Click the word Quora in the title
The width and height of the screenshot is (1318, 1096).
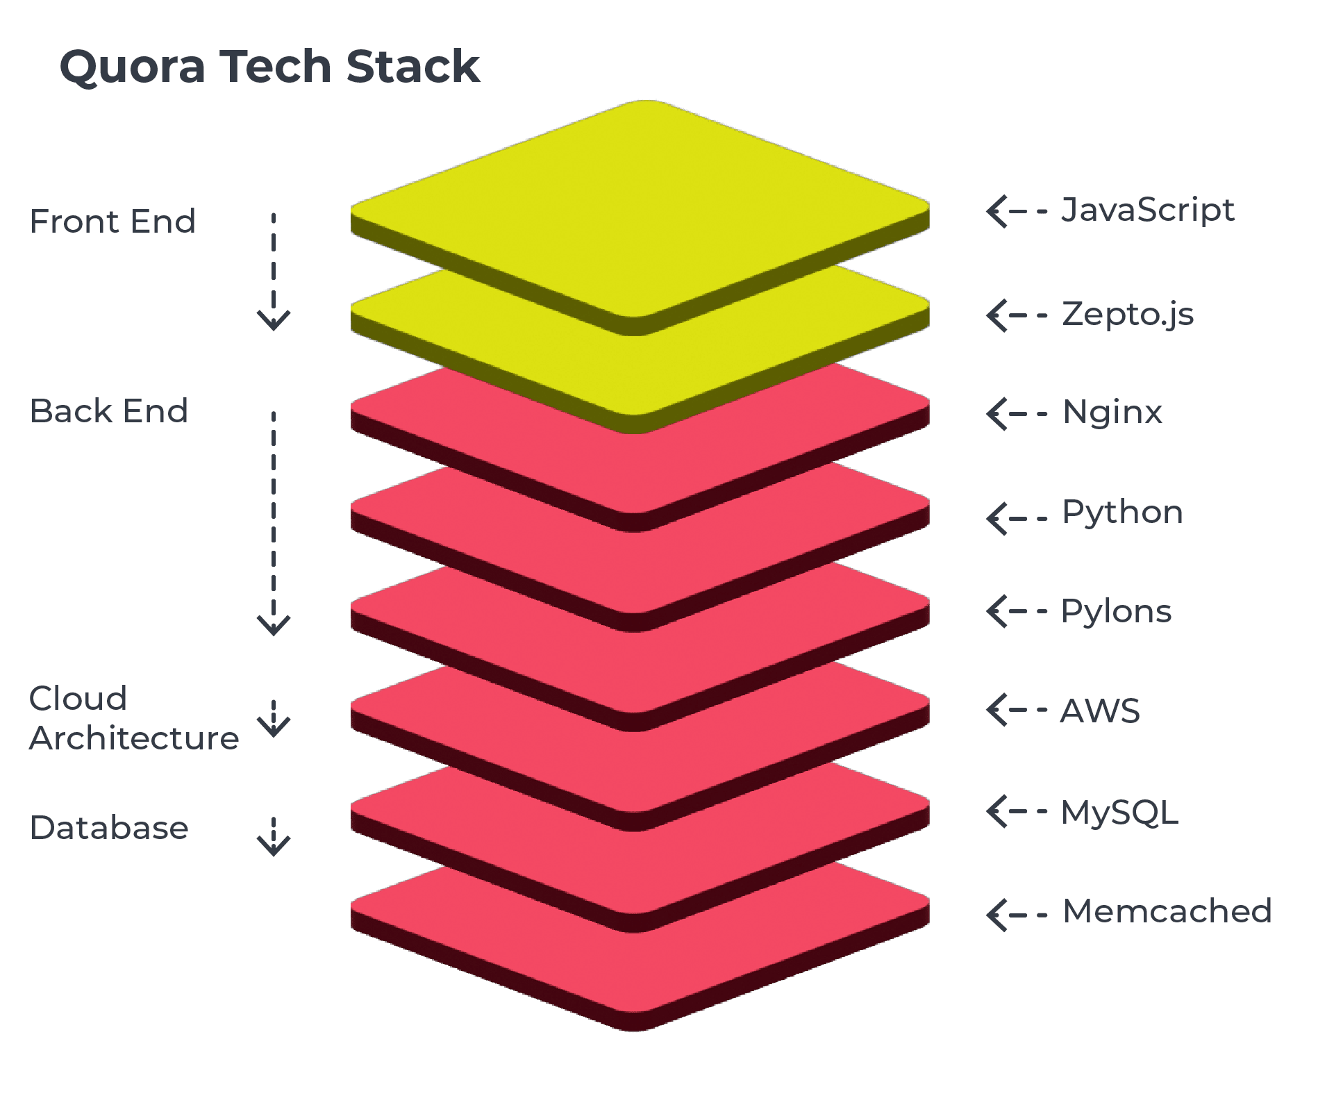tap(133, 67)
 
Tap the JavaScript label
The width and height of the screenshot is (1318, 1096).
tap(1147, 210)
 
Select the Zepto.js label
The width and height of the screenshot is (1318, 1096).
tap(1128, 315)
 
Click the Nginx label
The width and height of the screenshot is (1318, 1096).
tap(1112, 413)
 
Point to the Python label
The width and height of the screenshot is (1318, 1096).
tap(1122, 513)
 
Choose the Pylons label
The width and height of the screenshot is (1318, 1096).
tap(1117, 612)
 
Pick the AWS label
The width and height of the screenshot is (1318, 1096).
tap(1101, 711)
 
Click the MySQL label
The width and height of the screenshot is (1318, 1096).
tap(1119, 813)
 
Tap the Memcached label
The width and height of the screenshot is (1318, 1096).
tap(1167, 912)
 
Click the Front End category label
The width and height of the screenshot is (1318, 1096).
tap(112, 222)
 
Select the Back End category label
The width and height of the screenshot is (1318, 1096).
tap(109, 411)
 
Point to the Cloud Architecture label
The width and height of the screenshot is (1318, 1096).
tap(133, 718)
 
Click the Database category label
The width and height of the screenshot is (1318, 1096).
tap(109, 828)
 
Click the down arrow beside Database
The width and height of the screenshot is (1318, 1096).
tap(274, 836)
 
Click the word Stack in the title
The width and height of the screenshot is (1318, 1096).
tap(412, 67)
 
